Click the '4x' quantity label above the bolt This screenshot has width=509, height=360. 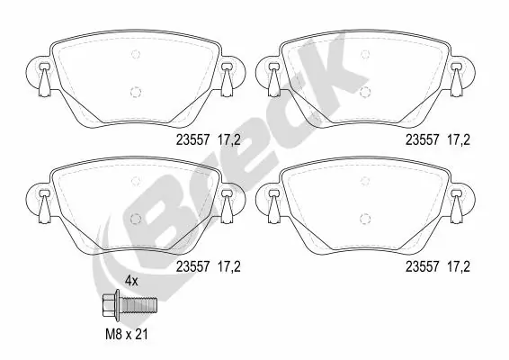(x=132, y=281)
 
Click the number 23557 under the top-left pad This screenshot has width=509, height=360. (x=192, y=139)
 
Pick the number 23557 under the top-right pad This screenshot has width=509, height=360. (x=424, y=139)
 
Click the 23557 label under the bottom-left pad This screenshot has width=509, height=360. (x=192, y=266)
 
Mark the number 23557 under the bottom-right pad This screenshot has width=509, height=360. (x=424, y=266)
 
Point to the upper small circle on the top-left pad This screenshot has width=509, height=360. (x=135, y=54)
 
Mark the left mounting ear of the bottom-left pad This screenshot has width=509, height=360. (x=42, y=200)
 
